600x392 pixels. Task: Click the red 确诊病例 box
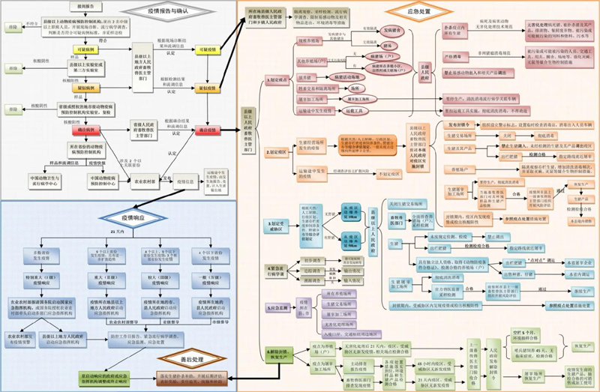click(x=86, y=130)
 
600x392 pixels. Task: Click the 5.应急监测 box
click(x=275, y=307)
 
